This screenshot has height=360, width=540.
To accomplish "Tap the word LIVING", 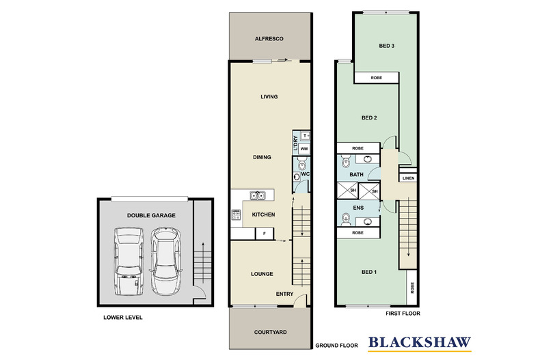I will click(x=269, y=97).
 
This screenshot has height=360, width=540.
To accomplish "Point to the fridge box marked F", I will click(x=264, y=234).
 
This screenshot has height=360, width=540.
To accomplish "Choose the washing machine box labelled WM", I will click(x=304, y=148).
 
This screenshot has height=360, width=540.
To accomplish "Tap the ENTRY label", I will click(x=284, y=294).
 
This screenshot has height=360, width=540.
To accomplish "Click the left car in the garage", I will click(x=128, y=262).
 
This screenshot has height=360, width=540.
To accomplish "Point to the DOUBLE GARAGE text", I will click(x=151, y=215).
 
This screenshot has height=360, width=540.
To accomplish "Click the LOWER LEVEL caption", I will click(x=123, y=318).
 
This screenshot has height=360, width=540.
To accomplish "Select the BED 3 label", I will click(x=387, y=46).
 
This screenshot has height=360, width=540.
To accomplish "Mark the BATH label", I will click(x=357, y=175).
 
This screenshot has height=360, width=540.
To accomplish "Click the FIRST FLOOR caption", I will click(x=403, y=314).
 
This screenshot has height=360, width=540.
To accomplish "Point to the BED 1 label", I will click(x=369, y=272).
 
